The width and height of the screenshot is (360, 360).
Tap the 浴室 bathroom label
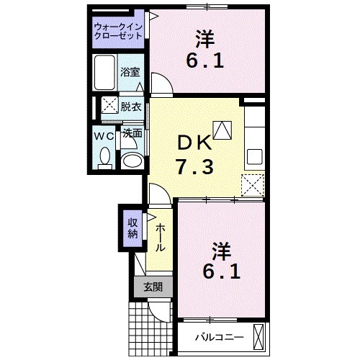(130, 73)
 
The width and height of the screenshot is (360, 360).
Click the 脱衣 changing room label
(131, 106)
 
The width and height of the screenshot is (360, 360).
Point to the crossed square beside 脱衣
(109, 106)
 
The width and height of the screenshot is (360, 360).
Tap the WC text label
(104, 135)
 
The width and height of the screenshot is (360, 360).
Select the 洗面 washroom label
(132, 134)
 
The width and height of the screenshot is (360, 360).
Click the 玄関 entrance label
(152, 287)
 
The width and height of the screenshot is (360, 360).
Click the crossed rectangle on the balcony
(261, 336)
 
